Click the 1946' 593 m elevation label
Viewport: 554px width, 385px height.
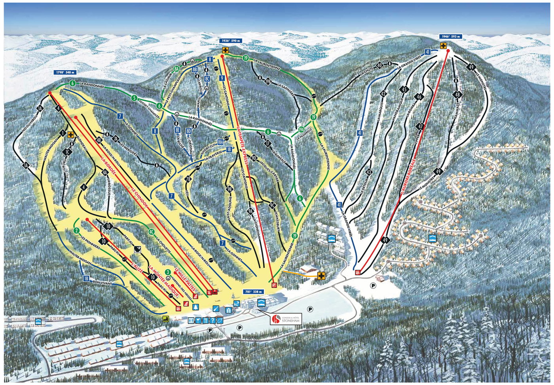pos(450,36)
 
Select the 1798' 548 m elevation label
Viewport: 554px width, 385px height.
pos(65,73)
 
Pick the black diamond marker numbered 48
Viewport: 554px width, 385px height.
pos(458,95)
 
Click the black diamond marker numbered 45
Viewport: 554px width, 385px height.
pos(404,90)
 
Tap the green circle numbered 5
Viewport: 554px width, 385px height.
pos(135,98)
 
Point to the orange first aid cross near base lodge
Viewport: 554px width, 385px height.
pos(321,275)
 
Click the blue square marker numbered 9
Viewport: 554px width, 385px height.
pos(222,78)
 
